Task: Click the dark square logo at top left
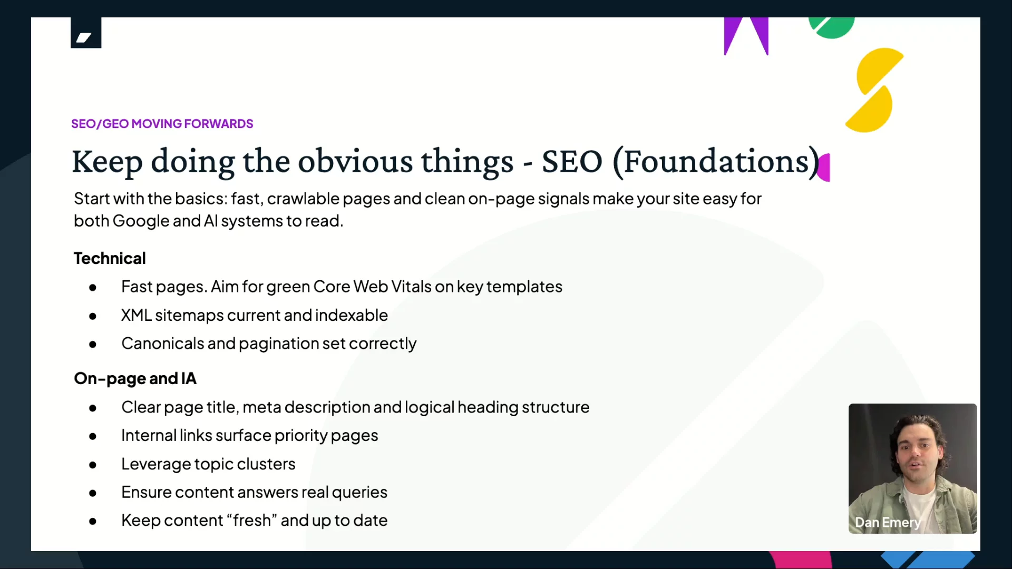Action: [86, 33]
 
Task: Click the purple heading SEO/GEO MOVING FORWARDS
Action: [162, 124]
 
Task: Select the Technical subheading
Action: [110, 258]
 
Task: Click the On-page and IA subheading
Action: [135, 378]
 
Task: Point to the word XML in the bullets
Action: [137, 315]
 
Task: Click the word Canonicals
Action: [163, 344]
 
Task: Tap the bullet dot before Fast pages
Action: [93, 288]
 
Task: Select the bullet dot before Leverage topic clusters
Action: [93, 465]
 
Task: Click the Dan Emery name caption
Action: [888, 523]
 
